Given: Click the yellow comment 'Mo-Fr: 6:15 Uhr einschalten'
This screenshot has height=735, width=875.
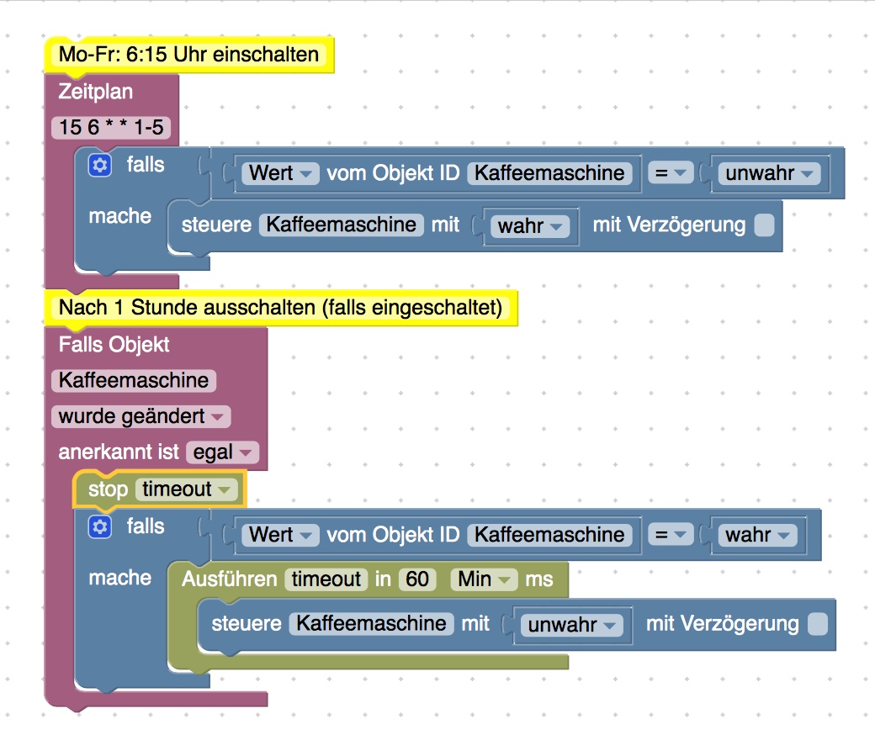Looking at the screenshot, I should tap(188, 55).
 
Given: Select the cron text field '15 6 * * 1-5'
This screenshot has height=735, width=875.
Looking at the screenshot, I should tap(110, 127).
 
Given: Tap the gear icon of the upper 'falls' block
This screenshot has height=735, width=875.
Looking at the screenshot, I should tap(99, 166).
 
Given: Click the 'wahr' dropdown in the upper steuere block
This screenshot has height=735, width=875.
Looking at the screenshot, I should tap(531, 225).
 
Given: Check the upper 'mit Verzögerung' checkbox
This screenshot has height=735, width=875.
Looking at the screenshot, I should tap(764, 225).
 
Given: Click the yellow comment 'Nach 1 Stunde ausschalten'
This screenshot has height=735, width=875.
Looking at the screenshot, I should tap(280, 308).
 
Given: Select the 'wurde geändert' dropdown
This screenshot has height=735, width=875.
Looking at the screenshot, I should tap(141, 416).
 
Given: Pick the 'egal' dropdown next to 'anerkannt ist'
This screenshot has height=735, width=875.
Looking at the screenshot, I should tap(221, 452).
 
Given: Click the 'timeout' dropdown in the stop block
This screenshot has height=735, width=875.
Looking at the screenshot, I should tap(186, 489).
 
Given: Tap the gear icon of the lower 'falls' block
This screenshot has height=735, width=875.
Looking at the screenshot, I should tap(99, 527).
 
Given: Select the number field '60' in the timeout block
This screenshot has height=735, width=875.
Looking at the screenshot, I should tap(417, 579).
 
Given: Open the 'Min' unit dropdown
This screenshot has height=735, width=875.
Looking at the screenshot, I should tap(484, 579).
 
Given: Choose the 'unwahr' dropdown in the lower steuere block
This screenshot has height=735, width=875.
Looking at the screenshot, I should tap(570, 625).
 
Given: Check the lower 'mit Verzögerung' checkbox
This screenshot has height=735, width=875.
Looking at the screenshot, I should tap(816, 624).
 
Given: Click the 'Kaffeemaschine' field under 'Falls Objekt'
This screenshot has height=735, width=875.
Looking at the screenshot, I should tap(134, 380).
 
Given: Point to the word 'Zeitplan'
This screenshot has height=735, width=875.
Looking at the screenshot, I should tap(96, 91).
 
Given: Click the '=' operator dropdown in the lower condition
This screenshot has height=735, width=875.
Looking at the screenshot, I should tap(669, 535).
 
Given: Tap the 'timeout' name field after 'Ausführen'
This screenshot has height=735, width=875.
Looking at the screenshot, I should tap(326, 579).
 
